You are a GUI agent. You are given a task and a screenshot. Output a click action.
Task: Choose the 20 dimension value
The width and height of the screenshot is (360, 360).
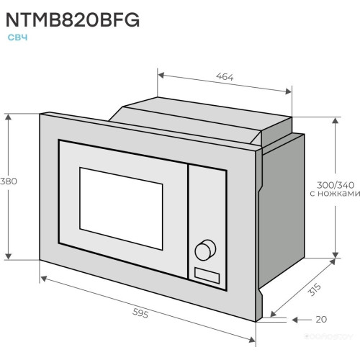point(320,319)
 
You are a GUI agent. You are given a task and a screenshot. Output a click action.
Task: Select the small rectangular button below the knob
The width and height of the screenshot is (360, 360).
point(206,274)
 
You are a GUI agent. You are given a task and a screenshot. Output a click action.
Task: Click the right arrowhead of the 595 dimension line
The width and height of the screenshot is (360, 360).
point(253,339)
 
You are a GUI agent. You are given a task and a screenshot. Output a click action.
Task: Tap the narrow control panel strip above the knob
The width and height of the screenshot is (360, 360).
point(206,202)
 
